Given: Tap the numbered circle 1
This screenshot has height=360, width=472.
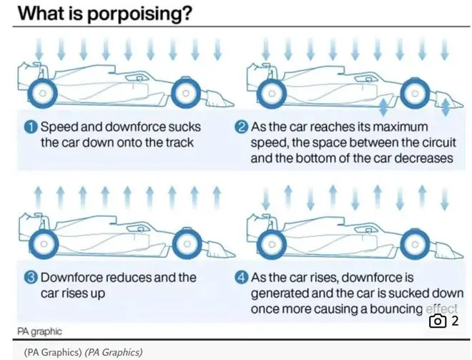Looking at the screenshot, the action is [31, 127].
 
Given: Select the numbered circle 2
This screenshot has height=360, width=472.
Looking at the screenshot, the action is [241, 127].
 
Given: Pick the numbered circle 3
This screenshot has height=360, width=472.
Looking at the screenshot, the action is [31, 278].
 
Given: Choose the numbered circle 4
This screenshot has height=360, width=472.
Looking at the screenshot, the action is [241, 278].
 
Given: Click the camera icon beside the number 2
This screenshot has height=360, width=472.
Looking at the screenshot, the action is [438, 321].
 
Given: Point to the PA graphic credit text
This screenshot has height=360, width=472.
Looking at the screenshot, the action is [39, 331].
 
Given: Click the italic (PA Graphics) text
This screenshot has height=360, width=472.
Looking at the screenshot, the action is [114, 352].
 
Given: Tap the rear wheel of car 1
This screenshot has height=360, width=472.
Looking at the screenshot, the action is [42, 93].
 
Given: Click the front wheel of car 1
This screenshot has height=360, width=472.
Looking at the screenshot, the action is [186, 93].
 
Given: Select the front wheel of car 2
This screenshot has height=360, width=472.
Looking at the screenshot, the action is [415, 93].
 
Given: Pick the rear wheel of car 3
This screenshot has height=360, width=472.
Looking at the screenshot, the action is [44, 244].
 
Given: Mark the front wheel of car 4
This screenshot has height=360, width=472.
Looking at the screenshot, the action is [415, 244].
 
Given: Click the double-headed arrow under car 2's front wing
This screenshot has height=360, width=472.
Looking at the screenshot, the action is [446, 107].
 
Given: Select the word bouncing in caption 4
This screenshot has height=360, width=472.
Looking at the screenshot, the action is [396, 309].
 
